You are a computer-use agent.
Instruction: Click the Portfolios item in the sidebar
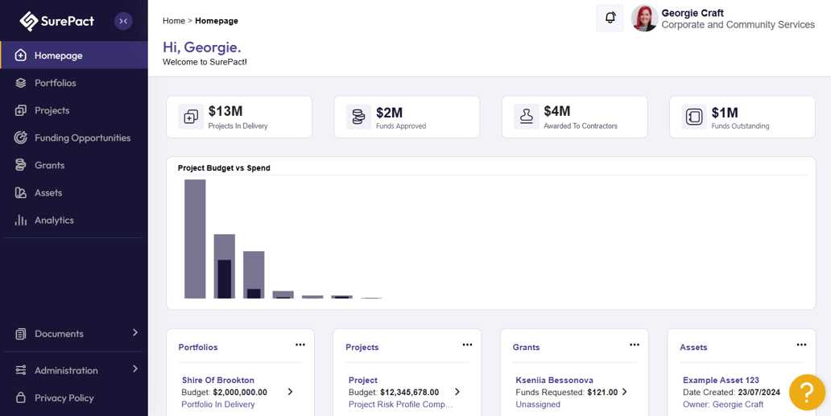[55, 83]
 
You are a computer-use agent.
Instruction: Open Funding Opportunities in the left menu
[82, 138]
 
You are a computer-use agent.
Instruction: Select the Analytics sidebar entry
[54, 220]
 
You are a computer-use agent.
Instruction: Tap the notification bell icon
[610, 18]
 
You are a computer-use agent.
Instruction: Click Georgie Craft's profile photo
[644, 19]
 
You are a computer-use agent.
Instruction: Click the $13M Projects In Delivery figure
[225, 111]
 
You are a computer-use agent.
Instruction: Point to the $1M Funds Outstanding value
[725, 112]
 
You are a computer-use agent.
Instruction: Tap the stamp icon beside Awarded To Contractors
[527, 117]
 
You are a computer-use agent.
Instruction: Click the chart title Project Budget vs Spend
[224, 168]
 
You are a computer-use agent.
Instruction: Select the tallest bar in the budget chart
[195, 239]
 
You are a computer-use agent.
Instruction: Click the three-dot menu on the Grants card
[635, 344]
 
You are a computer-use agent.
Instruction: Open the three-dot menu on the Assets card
[801, 344]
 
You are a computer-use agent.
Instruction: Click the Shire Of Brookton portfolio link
[218, 380]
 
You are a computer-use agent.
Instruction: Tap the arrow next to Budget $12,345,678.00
[457, 392]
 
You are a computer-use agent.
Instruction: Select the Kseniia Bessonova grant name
[554, 380]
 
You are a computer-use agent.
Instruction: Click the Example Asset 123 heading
[721, 380]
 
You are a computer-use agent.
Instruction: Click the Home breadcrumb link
[174, 21]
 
